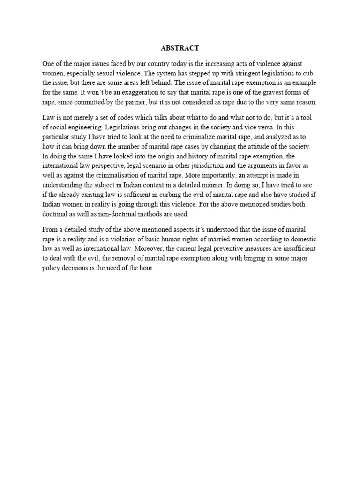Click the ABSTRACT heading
180,48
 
